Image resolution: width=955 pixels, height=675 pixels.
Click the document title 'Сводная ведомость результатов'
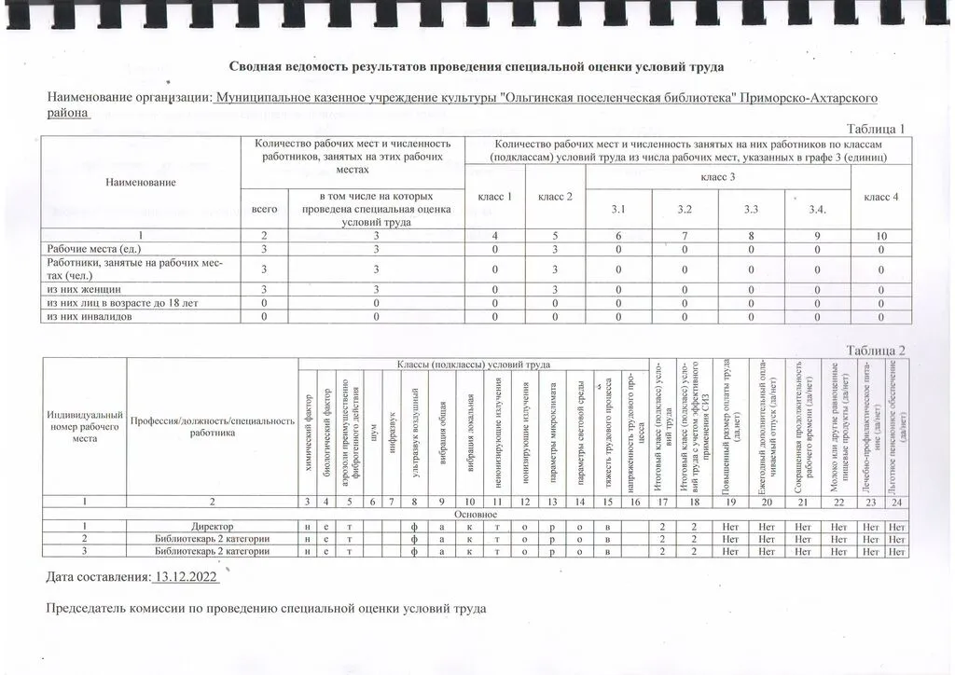(477, 66)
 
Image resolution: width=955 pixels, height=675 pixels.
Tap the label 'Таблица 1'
(875, 129)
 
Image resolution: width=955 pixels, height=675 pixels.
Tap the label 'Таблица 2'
(875, 350)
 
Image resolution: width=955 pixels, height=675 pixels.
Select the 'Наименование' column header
(143, 182)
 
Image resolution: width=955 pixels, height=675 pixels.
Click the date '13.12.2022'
(187, 577)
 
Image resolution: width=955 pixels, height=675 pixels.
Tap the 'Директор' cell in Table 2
(212, 527)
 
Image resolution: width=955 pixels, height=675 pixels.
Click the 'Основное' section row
(476, 515)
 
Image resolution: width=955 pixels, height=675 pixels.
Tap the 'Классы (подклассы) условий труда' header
(474, 363)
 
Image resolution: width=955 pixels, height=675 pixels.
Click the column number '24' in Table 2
(897, 503)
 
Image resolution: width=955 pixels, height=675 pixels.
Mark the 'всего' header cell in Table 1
(264, 210)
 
